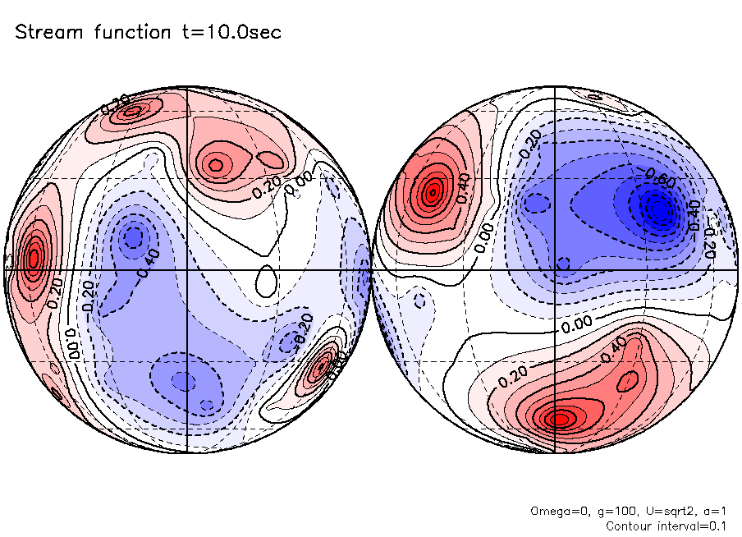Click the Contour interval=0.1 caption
[x=666, y=526]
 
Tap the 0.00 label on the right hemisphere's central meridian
[x=578, y=325]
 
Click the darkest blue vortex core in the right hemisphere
[x=657, y=209]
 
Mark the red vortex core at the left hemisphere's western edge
[x=33, y=259]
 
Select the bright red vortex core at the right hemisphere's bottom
[x=559, y=419]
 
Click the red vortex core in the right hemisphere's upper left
[x=432, y=194]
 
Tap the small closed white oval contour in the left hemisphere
[x=265, y=281]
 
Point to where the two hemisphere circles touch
[x=371, y=269]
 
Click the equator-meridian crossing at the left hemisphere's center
[x=188, y=269]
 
